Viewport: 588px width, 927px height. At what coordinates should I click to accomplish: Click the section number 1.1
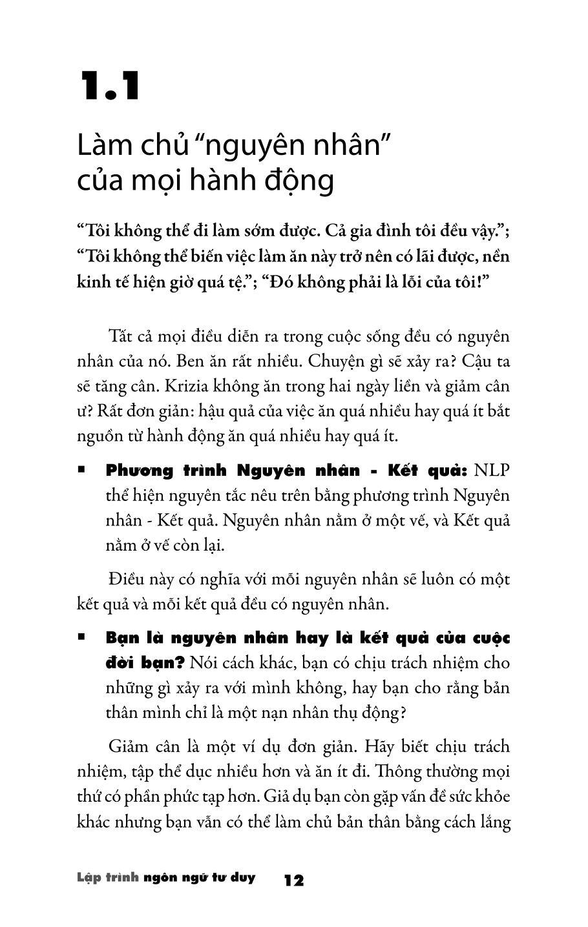[x=110, y=87]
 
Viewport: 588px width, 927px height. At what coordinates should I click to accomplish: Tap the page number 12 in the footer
[x=293, y=881]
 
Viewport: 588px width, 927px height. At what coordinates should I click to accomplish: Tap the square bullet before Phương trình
[x=81, y=471]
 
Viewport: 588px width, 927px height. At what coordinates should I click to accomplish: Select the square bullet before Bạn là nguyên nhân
[x=81, y=637]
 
